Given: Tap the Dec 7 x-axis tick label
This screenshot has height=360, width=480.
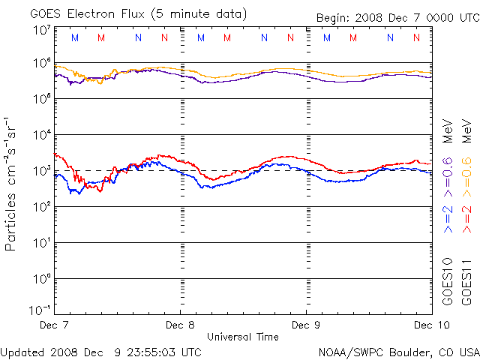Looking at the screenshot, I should [x=54, y=325].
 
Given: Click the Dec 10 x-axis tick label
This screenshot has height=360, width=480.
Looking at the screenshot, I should [x=429, y=325].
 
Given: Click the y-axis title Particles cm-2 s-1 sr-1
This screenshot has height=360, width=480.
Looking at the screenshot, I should [x=11, y=183].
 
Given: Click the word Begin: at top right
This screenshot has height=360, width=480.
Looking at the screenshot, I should [x=334, y=17].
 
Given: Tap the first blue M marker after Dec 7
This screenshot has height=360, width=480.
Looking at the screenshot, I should [x=74, y=37].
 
